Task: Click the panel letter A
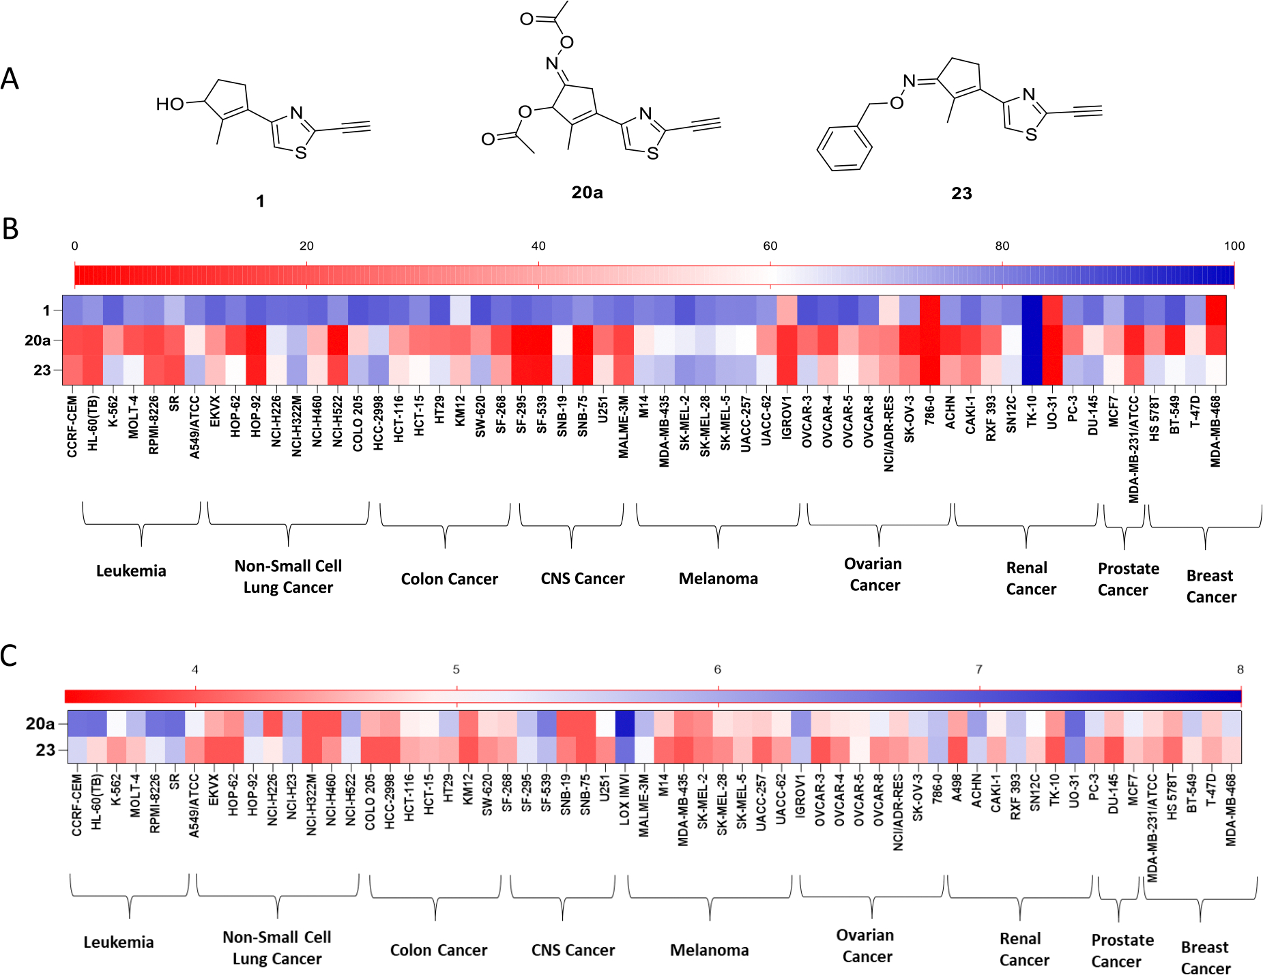tap(10, 78)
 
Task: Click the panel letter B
tap(10, 229)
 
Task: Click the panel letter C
tap(9, 656)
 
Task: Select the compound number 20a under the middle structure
tap(587, 193)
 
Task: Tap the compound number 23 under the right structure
tap(961, 194)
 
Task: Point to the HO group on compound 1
tap(170, 104)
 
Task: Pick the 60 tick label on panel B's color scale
tap(770, 246)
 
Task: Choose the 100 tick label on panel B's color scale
tap(1234, 246)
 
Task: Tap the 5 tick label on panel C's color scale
tap(456, 670)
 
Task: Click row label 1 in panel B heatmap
tap(46, 310)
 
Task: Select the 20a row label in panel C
tap(40, 723)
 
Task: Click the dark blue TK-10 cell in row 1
tap(1032, 310)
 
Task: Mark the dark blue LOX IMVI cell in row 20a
tap(624, 723)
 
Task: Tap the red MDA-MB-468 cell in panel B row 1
tap(1216, 310)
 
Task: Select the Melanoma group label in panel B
tap(718, 579)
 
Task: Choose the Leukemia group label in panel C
tap(119, 942)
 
